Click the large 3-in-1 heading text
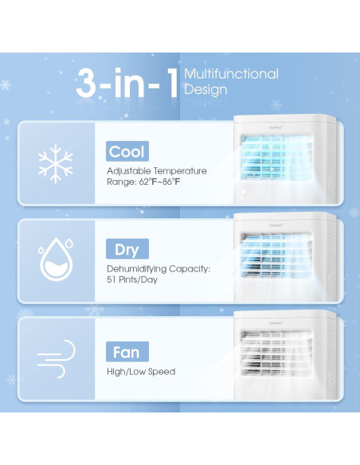point(127,84)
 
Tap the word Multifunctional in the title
point(231,74)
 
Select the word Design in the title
point(205,90)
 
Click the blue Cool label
point(127,151)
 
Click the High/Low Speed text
point(140,371)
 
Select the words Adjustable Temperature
point(157,171)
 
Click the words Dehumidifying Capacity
point(158,269)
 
